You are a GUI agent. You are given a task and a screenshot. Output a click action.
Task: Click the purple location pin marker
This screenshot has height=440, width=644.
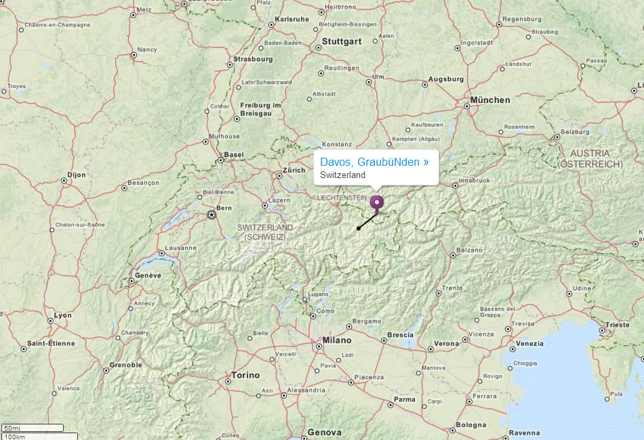pyautogui.click(x=377, y=203)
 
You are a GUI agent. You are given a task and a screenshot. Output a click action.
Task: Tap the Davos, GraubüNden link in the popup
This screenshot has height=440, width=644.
pyautogui.click(x=374, y=162)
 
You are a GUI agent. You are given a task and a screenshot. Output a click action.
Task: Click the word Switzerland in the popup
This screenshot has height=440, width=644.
pyautogui.click(x=343, y=175)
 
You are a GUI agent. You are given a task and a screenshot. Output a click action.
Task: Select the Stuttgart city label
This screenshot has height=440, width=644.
pyautogui.click(x=342, y=41)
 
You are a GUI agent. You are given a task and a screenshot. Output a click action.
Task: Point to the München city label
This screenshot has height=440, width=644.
pyautogui.click(x=490, y=100)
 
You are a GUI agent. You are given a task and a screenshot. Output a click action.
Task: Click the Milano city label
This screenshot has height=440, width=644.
pyautogui.click(x=337, y=340)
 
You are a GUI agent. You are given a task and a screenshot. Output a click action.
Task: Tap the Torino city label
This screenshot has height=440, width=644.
pyautogui.click(x=245, y=375)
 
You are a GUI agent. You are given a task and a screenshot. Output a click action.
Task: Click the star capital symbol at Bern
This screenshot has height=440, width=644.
pyautogui.click(x=212, y=215)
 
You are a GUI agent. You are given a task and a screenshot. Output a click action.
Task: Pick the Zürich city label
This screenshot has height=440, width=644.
pyautogui.click(x=294, y=170)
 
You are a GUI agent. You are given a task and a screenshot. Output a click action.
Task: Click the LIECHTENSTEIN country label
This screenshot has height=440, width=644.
pyautogui.click(x=342, y=197)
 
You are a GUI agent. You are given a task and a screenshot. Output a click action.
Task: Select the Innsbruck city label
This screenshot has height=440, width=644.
pyautogui.click(x=475, y=181)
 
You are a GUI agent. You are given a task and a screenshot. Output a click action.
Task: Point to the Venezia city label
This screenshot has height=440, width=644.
pyautogui.click(x=529, y=344)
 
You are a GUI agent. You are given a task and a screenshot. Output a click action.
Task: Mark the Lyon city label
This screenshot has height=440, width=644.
pyautogui.click(x=63, y=315)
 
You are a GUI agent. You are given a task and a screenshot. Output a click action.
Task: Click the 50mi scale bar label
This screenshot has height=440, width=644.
pyautogui.click(x=12, y=428)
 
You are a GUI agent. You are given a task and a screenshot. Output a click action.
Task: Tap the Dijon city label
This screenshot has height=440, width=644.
pyautogui.click(x=77, y=175)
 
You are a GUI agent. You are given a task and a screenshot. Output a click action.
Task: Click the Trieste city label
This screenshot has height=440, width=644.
pyautogui.click(x=618, y=325)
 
